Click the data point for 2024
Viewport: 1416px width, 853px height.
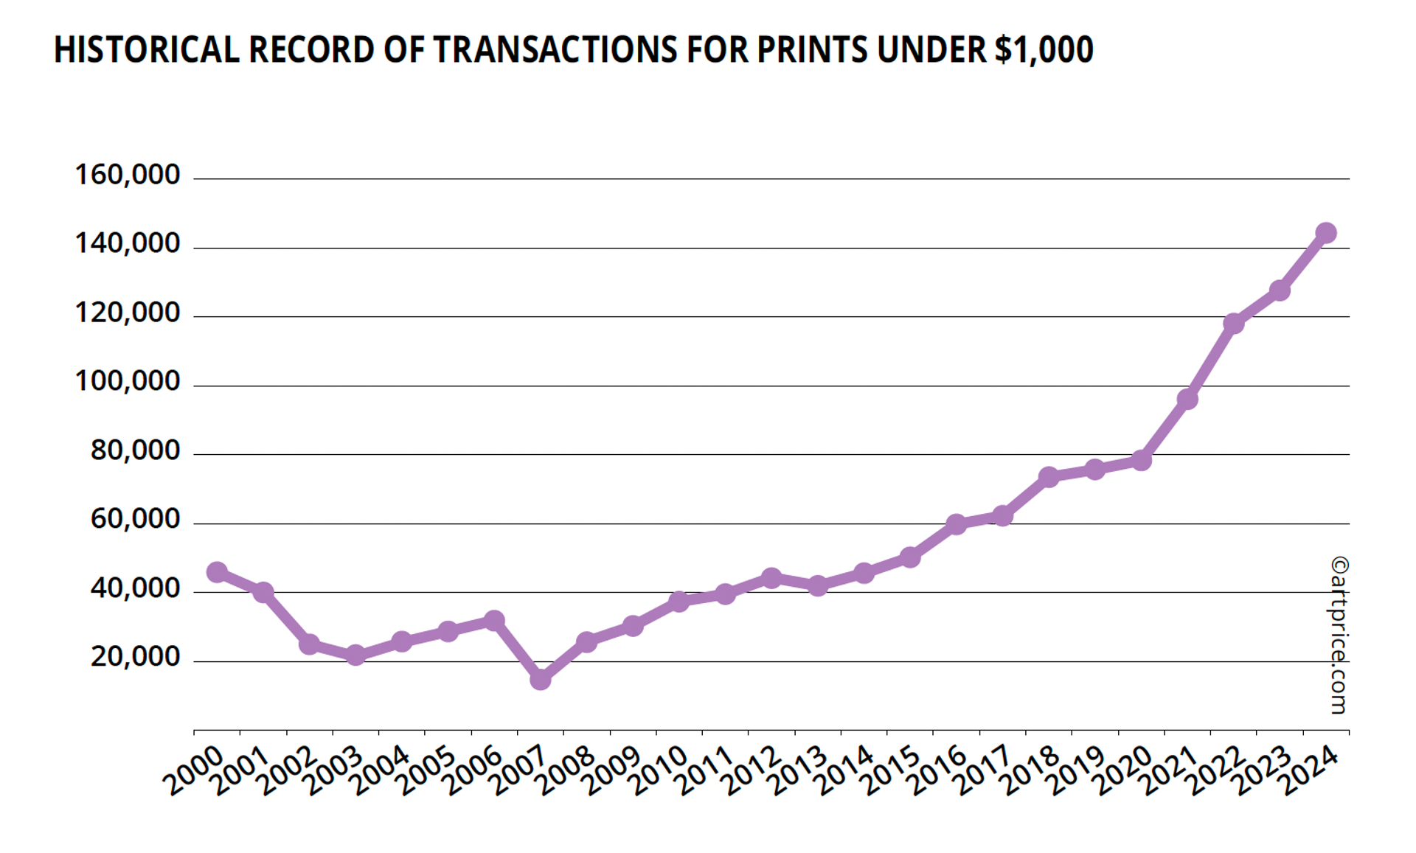coord(1325,233)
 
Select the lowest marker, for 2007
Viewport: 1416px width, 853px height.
coord(541,679)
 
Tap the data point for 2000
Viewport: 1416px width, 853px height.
coord(217,572)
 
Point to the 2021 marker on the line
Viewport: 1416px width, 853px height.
coord(1187,399)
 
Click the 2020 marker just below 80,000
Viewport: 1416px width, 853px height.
coord(1141,461)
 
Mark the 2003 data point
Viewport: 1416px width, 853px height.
coord(355,655)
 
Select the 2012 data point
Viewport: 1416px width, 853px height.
coord(771,578)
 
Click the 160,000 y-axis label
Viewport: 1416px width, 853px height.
coord(128,175)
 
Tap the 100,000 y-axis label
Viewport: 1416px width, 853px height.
coord(128,381)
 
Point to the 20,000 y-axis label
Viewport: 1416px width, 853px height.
coord(135,656)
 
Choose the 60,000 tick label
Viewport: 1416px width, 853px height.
coord(135,519)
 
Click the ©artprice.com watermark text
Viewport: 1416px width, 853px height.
coord(1339,635)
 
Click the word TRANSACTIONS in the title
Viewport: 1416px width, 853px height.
coord(554,50)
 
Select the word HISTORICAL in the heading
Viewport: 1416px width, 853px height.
coord(146,50)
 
